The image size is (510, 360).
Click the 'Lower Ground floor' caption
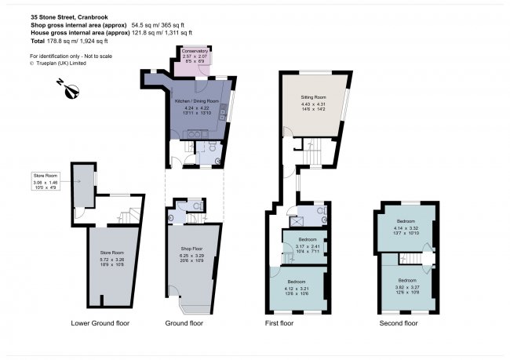[x=100, y=322]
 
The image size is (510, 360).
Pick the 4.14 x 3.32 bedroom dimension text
[x=406, y=228]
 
